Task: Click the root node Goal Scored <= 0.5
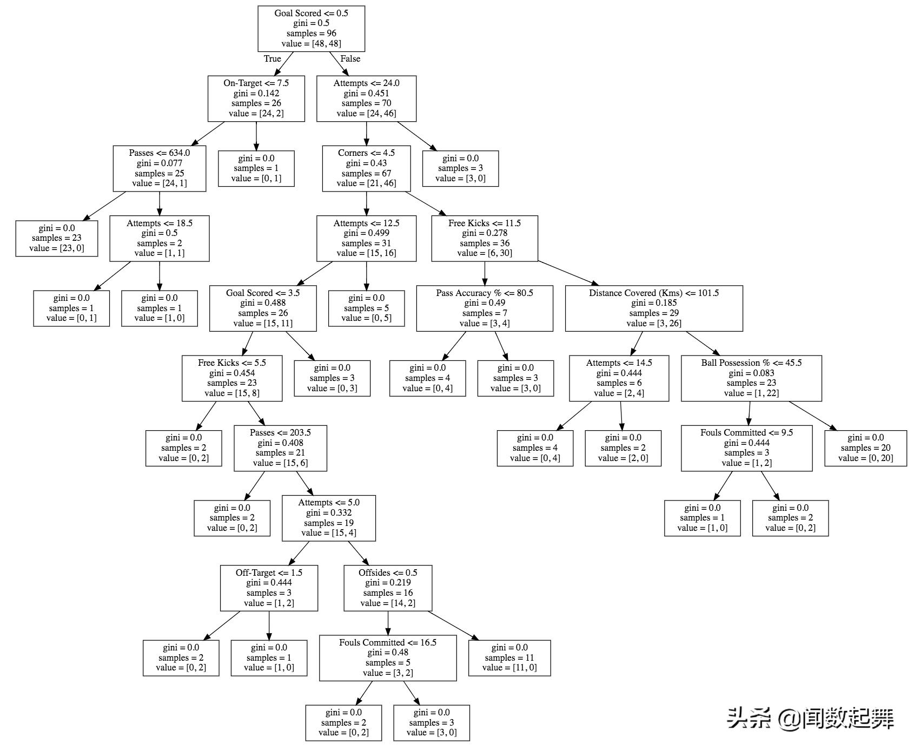tap(311, 29)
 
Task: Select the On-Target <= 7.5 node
tap(256, 98)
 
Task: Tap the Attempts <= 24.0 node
tap(366, 98)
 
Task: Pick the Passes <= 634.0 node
tap(160, 168)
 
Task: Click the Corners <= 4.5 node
tap(366, 168)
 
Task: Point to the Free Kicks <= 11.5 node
tap(485, 238)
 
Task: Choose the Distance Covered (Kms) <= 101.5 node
tap(654, 308)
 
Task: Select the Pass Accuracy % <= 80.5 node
tap(485, 308)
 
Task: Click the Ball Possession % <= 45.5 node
tap(751, 378)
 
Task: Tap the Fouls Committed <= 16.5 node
tap(388, 658)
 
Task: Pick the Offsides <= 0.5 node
tap(388, 588)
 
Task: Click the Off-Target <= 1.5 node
tap(269, 588)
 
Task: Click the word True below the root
tap(272, 59)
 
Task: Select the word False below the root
tap(350, 59)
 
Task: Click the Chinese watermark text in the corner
tap(810, 719)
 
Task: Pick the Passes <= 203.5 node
tap(280, 448)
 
